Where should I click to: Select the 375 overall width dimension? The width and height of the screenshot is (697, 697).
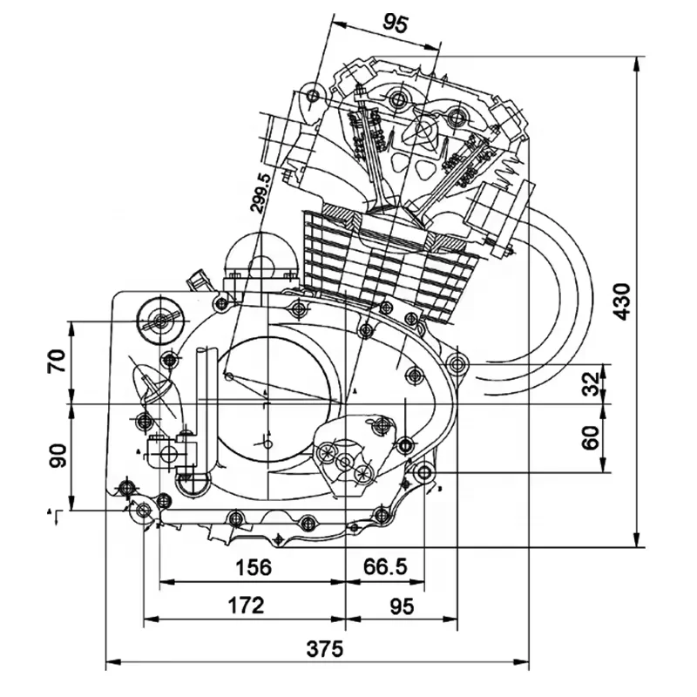(325, 649)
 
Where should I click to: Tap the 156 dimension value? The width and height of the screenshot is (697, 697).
(254, 567)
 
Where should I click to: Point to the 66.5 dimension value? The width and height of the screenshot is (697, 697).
(384, 567)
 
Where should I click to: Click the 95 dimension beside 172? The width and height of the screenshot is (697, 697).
(402, 605)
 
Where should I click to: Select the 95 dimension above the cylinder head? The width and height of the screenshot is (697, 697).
(395, 24)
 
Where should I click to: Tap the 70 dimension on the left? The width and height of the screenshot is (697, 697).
(58, 361)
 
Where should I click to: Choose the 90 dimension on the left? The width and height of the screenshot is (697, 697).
(58, 455)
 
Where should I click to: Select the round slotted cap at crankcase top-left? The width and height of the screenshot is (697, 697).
(159, 320)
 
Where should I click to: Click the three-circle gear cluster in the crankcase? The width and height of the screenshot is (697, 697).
(347, 462)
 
